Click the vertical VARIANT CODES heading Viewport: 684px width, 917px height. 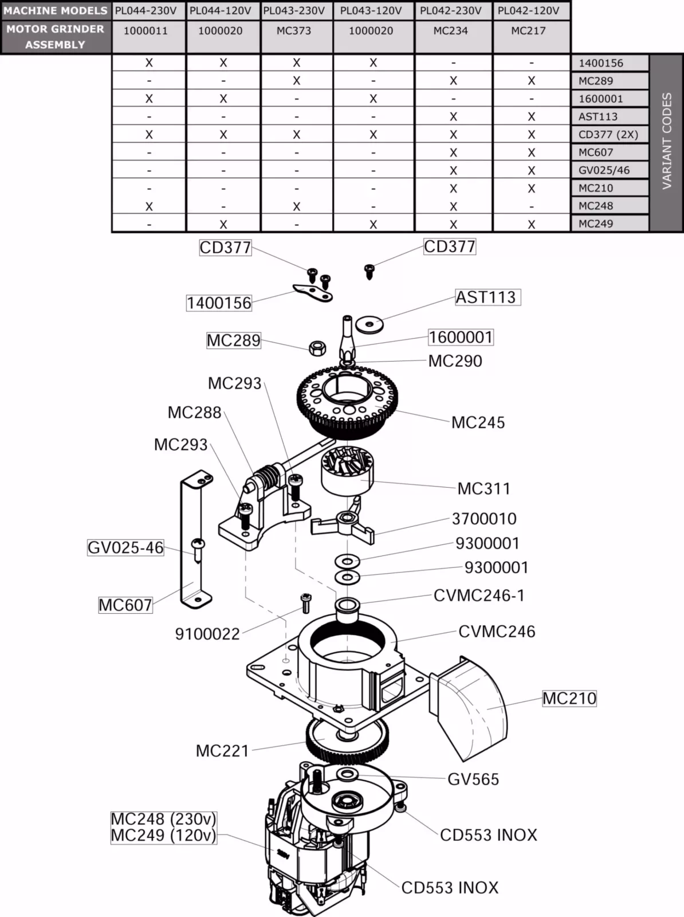click(666, 141)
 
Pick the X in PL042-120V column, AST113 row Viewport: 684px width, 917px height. click(531, 117)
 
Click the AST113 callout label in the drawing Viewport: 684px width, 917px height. click(486, 297)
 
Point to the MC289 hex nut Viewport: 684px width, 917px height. click(317, 347)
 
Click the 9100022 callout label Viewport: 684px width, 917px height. click(207, 634)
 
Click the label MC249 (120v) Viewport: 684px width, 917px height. click(164, 836)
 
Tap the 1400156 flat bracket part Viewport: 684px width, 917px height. click(313, 293)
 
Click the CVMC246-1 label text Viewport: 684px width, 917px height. click(479, 596)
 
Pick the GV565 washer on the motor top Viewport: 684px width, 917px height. click(346, 775)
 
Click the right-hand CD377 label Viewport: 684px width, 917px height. click(450, 247)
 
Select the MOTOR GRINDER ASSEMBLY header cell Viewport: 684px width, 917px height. click(56, 37)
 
